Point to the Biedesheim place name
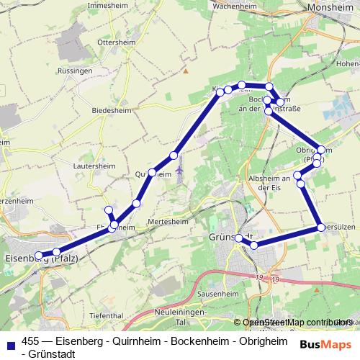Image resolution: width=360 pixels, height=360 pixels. click(111, 110)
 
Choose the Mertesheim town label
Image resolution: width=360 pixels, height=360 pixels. click(166, 221)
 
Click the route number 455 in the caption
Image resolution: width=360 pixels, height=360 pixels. click(31, 341)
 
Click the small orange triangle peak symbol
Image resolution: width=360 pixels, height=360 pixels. click(185, 71)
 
